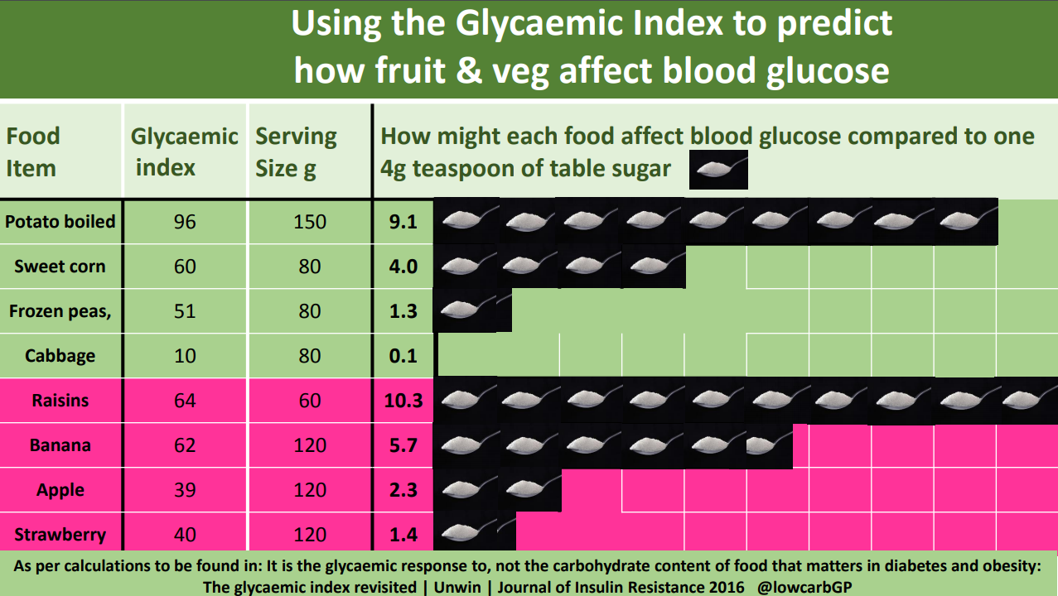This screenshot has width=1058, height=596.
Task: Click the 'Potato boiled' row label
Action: point(60,222)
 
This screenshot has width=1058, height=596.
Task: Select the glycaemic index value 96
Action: point(185,222)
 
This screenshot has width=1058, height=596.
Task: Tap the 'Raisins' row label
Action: point(60,401)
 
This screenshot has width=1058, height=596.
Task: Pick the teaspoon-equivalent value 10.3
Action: point(403,401)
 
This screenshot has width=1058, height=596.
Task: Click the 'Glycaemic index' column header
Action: point(185,151)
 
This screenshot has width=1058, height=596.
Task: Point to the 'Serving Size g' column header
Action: point(296,151)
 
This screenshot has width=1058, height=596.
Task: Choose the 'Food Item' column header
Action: point(33,151)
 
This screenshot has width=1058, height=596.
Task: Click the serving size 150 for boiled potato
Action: point(310,222)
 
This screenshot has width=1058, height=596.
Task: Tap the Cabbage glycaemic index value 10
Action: point(185,356)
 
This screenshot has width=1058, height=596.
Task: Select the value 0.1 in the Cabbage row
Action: point(403,356)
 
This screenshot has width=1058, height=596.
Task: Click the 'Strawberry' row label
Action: point(60,535)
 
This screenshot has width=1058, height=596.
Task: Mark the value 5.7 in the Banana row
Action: point(403,445)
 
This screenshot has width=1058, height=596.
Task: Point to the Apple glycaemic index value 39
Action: point(185,490)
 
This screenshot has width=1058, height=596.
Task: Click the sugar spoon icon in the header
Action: point(719,170)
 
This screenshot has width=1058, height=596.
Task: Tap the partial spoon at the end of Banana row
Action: point(768,445)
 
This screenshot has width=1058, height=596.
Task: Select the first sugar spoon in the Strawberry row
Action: point(466,534)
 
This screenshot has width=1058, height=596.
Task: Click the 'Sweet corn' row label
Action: point(60,267)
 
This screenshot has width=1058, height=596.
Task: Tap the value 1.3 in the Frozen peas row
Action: point(403,311)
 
